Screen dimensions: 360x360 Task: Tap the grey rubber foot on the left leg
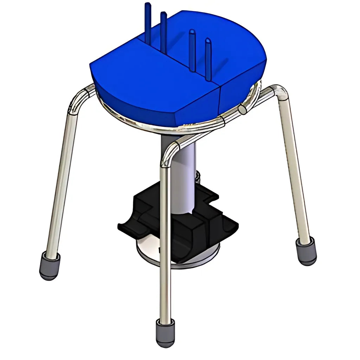[x=50, y=265]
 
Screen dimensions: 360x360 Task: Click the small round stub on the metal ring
[x=243, y=110]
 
